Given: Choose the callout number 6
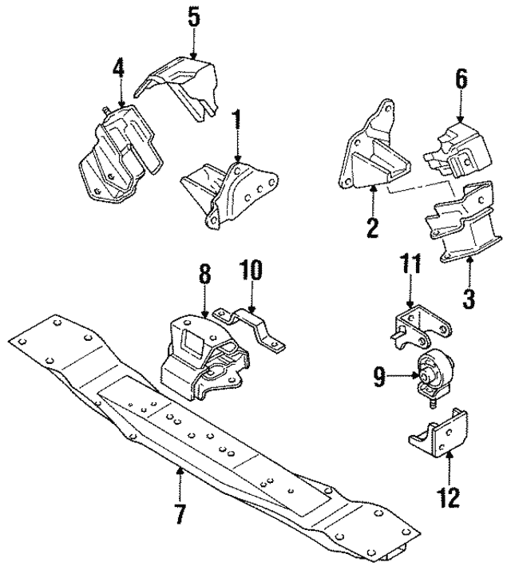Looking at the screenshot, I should coord(461,80).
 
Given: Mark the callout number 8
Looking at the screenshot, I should coord(204,275).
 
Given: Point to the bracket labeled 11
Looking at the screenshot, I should coord(418,328).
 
